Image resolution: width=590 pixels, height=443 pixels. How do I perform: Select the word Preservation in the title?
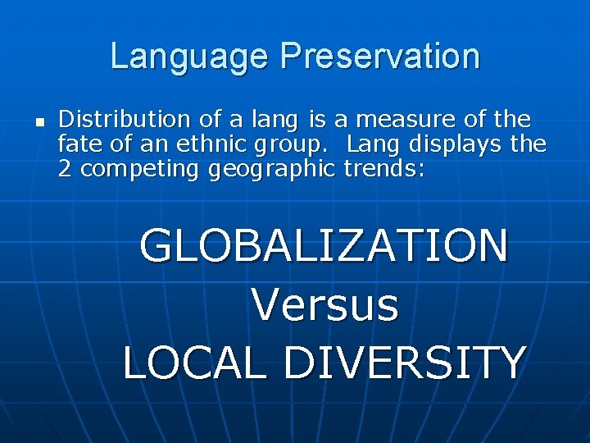[x=379, y=57]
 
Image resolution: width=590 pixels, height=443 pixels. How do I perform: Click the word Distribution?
[x=124, y=120]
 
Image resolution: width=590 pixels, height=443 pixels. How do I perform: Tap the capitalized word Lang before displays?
[x=372, y=146]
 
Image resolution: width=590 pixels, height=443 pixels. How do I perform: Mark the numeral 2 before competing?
[x=66, y=169]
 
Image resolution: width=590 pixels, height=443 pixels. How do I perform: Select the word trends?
[x=381, y=169]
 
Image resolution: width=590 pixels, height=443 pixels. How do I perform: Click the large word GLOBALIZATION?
[x=324, y=246]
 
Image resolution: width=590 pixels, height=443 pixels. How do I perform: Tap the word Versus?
[x=324, y=305]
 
